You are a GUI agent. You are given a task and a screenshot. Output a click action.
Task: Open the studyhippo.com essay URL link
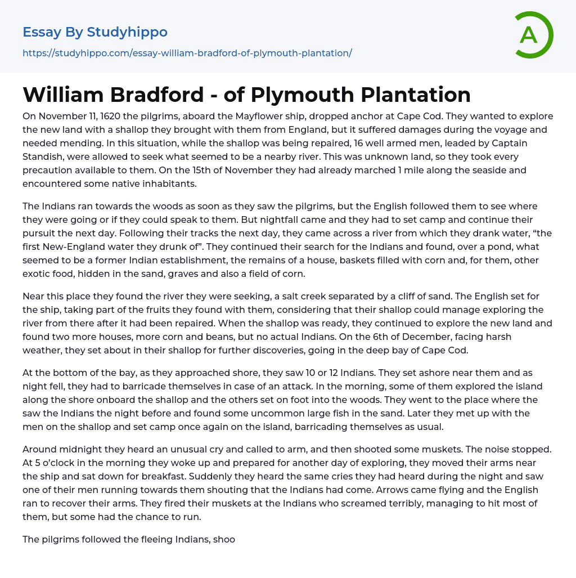point(187,53)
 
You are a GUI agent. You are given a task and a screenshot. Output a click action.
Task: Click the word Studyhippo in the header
point(127,32)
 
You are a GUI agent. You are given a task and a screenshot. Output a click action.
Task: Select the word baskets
point(353,261)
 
